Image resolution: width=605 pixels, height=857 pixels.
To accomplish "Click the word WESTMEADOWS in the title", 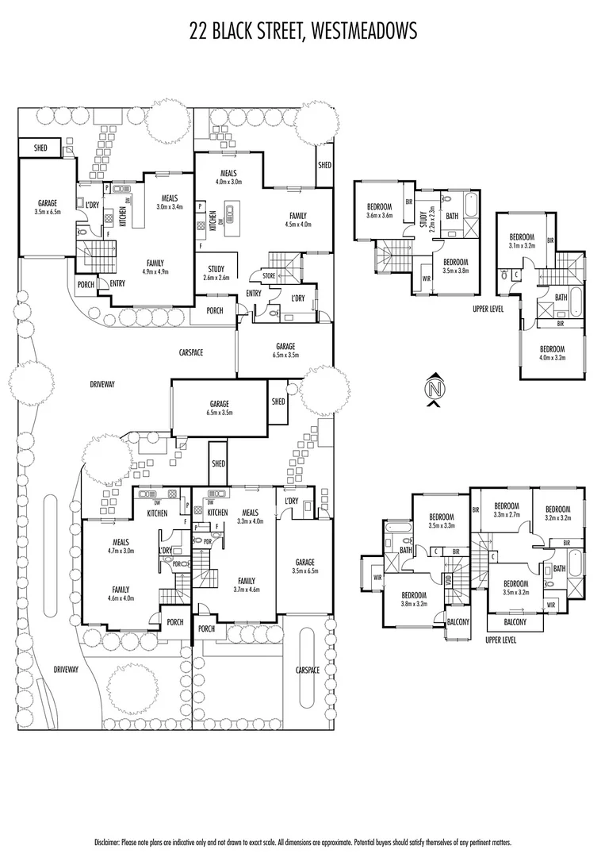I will point(366,31).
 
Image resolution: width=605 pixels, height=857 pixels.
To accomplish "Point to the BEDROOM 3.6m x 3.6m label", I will point(379,211).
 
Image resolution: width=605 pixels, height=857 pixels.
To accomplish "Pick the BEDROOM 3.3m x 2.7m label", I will point(506,510).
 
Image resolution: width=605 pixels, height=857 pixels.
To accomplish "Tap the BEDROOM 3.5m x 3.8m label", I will point(455,267).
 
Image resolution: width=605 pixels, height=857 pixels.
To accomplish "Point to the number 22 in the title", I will point(200,31).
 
